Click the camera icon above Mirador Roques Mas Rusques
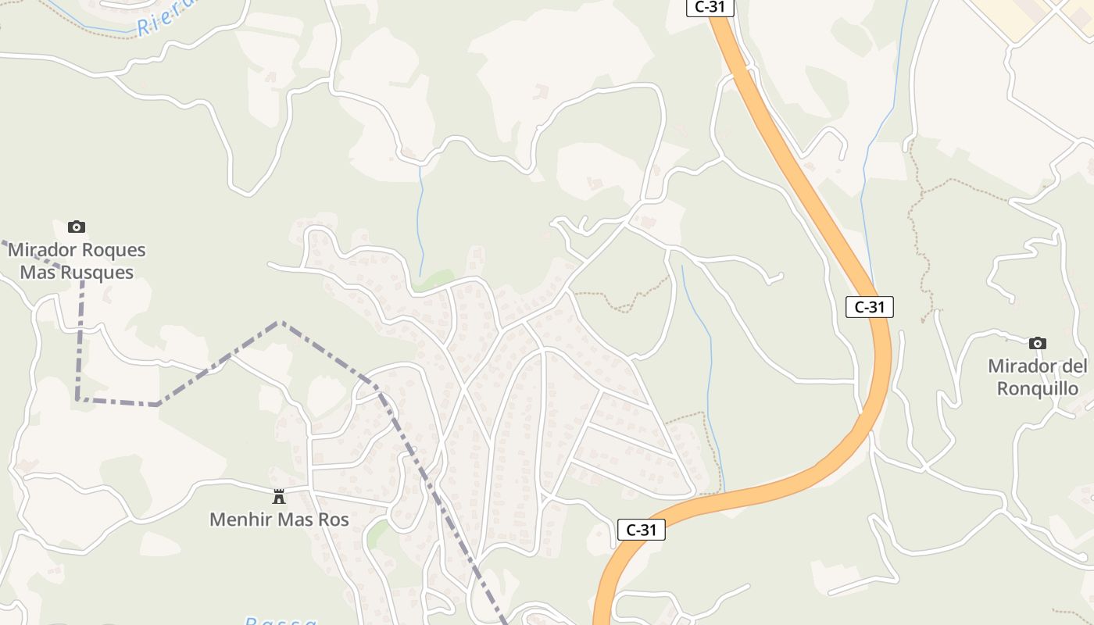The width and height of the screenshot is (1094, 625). pyautogui.click(x=77, y=227)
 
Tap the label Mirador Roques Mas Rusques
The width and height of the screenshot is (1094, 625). pyautogui.click(x=77, y=261)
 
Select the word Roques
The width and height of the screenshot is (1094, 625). pyautogui.click(x=112, y=250)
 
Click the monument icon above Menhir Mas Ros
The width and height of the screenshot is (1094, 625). pyautogui.click(x=278, y=496)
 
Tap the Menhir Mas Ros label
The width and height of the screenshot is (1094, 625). pyautogui.click(x=279, y=519)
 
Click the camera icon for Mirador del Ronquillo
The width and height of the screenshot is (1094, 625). pyautogui.click(x=1038, y=343)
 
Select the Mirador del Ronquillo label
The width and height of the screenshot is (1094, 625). pyautogui.click(x=1037, y=377)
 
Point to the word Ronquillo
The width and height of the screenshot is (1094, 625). pyautogui.click(x=1037, y=388)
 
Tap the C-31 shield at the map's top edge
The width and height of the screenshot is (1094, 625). pyautogui.click(x=710, y=7)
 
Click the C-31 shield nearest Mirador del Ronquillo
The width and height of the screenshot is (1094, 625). pyautogui.click(x=869, y=307)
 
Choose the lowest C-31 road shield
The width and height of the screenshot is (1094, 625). pyautogui.click(x=641, y=530)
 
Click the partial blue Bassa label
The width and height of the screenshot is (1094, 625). pyautogui.click(x=281, y=620)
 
